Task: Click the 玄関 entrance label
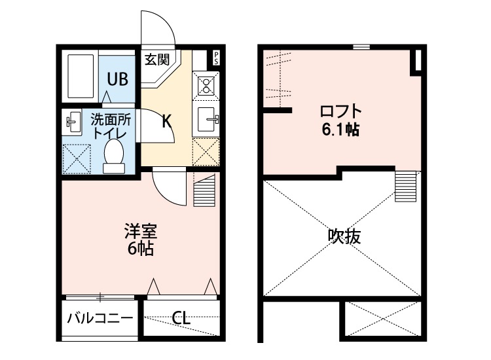(x=157, y=60)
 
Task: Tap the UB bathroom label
(x=118, y=79)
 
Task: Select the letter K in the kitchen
(x=166, y=121)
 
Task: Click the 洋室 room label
(x=140, y=232)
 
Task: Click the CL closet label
(x=181, y=319)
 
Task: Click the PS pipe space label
(x=216, y=57)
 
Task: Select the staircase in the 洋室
(x=204, y=190)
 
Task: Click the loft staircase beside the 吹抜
(x=406, y=186)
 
